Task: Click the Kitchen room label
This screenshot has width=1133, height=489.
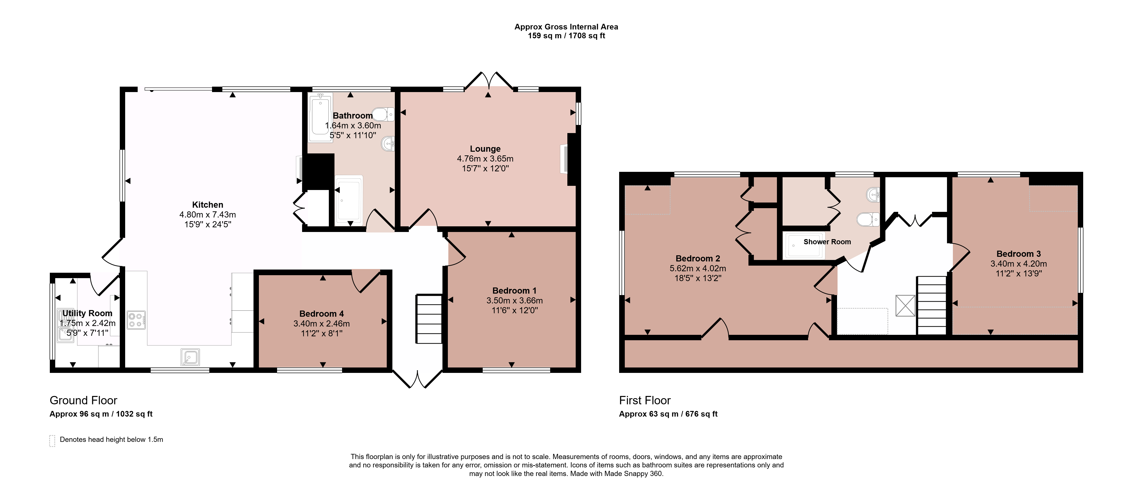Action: pos(208,205)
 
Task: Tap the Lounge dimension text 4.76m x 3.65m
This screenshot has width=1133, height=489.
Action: pos(485,158)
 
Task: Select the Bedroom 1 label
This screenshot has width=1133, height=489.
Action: pos(514,290)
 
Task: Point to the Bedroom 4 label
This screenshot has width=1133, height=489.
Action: pos(321,313)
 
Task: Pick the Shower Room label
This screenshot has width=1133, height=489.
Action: pos(827,242)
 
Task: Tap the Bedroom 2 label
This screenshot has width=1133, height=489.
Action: pos(698,258)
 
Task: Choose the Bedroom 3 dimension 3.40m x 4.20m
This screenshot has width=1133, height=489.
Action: pos(1019,264)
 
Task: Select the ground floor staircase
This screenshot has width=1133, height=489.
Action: pos(429,319)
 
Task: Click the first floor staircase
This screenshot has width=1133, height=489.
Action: pos(931,305)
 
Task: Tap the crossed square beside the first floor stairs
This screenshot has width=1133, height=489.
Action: pos(905,305)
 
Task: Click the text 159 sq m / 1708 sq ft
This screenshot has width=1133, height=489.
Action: pos(566,36)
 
